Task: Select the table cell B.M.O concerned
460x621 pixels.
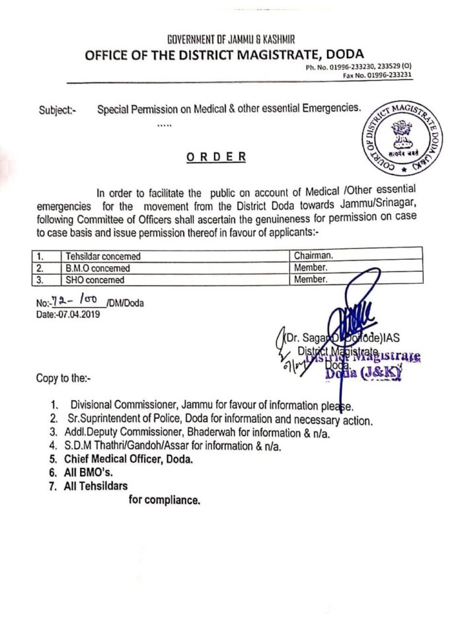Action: click(x=97, y=268)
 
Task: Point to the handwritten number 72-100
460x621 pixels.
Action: click(x=74, y=302)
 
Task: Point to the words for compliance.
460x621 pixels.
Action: click(x=164, y=501)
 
